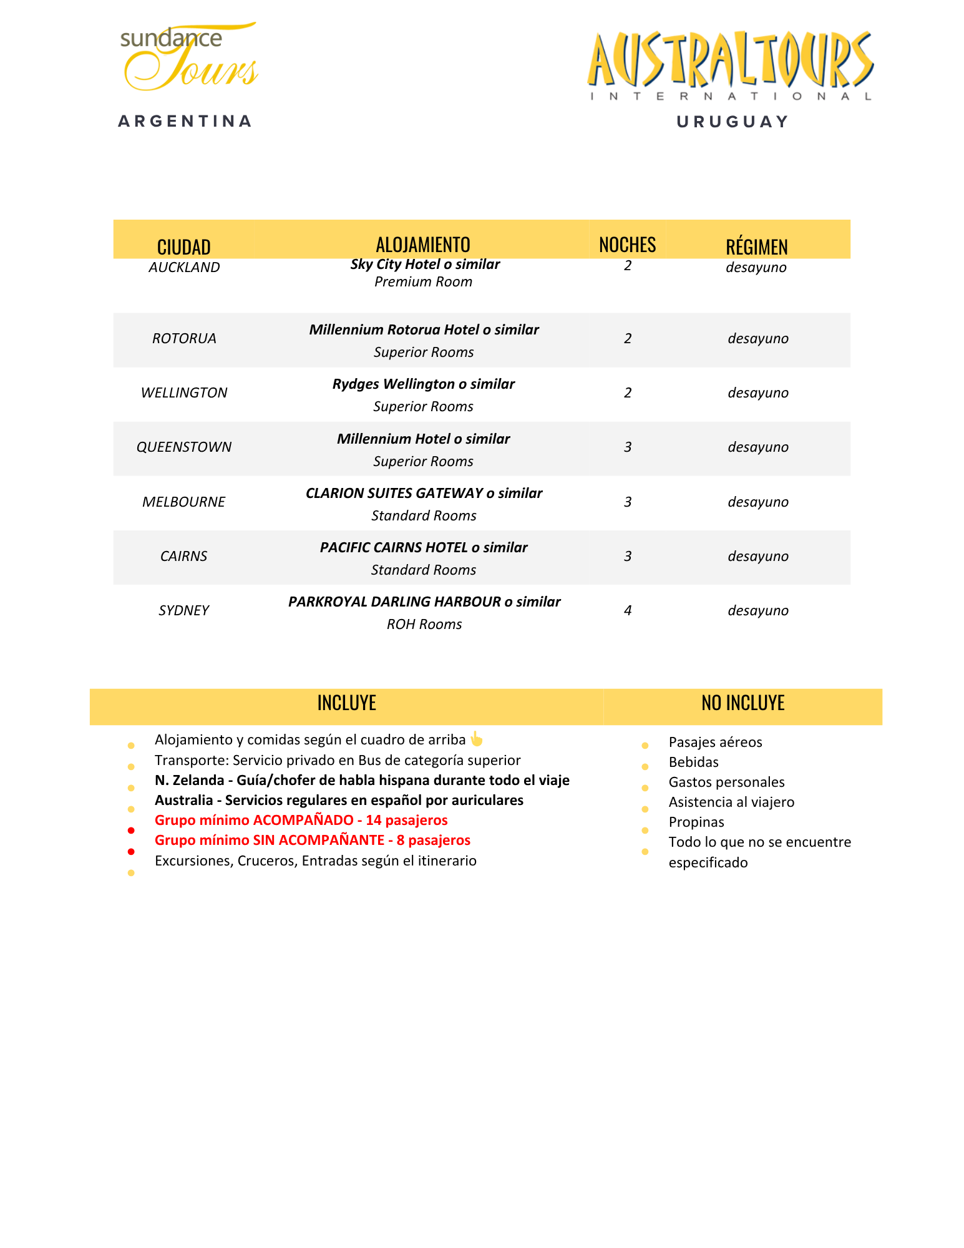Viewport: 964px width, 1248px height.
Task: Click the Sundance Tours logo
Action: [x=189, y=57]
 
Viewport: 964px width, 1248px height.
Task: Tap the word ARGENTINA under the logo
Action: [x=185, y=121]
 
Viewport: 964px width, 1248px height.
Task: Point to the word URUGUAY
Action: [x=733, y=122]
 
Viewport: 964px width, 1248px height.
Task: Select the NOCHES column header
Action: [x=627, y=245]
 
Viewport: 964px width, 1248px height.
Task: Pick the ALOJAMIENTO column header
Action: [x=423, y=245]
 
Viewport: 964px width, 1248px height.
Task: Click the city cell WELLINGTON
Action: [x=184, y=393]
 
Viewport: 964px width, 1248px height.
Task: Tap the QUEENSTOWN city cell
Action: [x=184, y=447]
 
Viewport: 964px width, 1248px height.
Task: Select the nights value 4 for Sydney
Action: [x=628, y=611]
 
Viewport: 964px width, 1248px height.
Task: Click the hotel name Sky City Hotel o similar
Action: [x=425, y=265]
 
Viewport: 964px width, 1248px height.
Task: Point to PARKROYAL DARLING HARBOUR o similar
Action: [x=424, y=602]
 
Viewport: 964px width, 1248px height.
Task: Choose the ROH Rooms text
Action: [x=424, y=625]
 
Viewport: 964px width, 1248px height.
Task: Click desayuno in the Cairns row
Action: [x=758, y=557]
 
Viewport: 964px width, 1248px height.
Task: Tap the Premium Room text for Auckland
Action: [x=423, y=282]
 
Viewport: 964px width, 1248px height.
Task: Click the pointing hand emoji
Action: [x=477, y=739]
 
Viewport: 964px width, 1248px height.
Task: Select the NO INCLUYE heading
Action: [x=742, y=703]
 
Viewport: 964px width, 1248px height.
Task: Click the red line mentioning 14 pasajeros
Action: [x=301, y=821]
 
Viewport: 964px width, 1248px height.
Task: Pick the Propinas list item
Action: [x=696, y=822]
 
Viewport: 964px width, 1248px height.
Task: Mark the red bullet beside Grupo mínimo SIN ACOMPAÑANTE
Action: [x=131, y=851]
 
